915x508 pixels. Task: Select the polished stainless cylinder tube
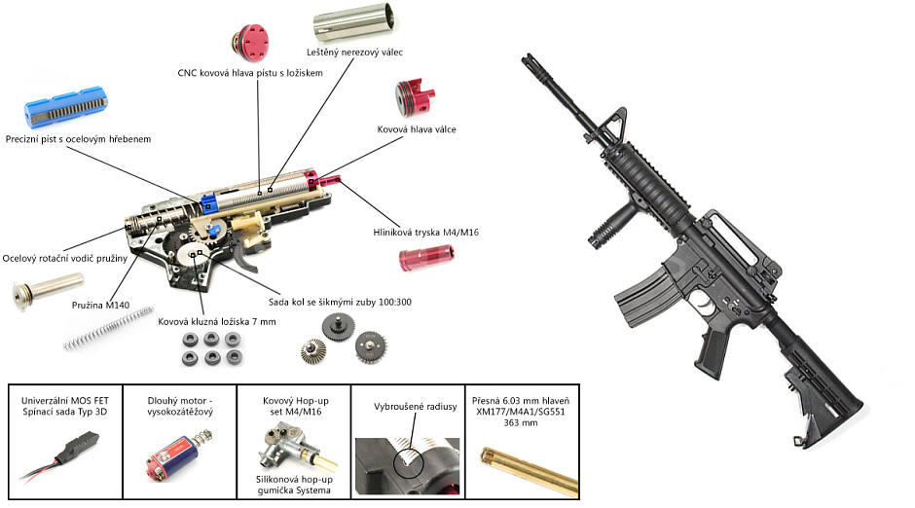click(354, 23)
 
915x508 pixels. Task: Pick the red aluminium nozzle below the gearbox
click(428, 259)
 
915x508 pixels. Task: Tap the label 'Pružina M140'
click(100, 306)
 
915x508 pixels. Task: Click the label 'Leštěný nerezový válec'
click(354, 52)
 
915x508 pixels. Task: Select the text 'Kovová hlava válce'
click(417, 128)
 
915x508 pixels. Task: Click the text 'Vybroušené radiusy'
click(417, 408)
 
